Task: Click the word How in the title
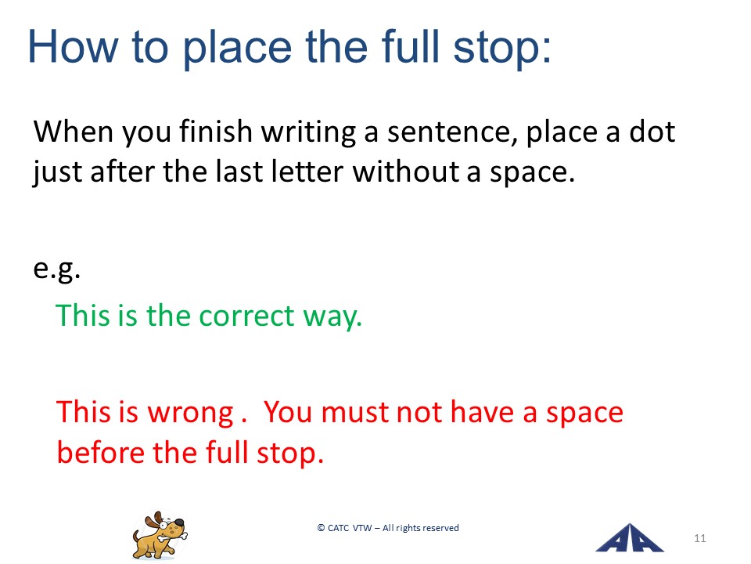(x=73, y=46)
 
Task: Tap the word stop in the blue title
(x=502, y=49)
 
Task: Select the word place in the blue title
(x=238, y=49)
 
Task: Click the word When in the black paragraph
(x=72, y=131)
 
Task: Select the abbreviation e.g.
(x=57, y=269)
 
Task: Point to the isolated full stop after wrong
(x=244, y=422)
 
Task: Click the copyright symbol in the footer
(x=321, y=528)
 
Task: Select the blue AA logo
(x=629, y=537)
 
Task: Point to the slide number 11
(x=699, y=538)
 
